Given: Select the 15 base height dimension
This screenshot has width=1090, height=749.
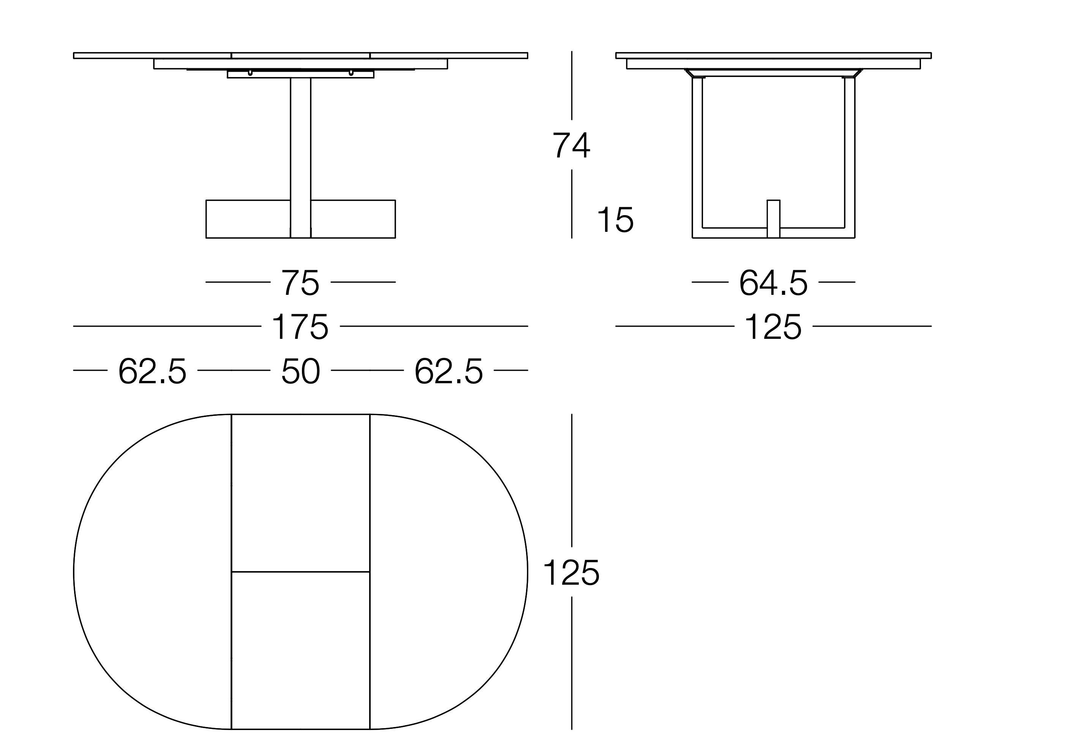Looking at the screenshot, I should click(615, 220).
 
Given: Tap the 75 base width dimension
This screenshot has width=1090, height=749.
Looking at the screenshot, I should click(300, 283).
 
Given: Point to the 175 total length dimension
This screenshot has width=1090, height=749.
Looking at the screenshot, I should click(300, 327).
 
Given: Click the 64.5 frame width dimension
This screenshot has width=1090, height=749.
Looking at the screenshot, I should click(773, 283).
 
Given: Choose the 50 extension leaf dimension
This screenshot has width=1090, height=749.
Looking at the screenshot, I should click(300, 371).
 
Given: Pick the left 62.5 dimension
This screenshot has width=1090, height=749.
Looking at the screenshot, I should click(152, 371).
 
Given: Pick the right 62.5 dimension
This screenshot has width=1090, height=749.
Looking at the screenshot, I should click(449, 371).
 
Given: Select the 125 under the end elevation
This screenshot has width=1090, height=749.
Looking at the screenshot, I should click(773, 327).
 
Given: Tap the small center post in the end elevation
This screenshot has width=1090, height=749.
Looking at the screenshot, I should click(773, 218).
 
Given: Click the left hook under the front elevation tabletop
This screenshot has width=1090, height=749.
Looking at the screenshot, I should click(250, 73).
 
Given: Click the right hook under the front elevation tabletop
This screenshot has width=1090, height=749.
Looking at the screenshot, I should click(351, 73).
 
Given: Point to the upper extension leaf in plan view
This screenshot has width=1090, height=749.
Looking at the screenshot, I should click(300, 493).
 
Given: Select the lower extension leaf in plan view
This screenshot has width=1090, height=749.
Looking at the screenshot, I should click(300, 650).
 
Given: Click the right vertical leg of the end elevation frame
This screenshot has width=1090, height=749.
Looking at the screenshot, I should click(849, 155).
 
